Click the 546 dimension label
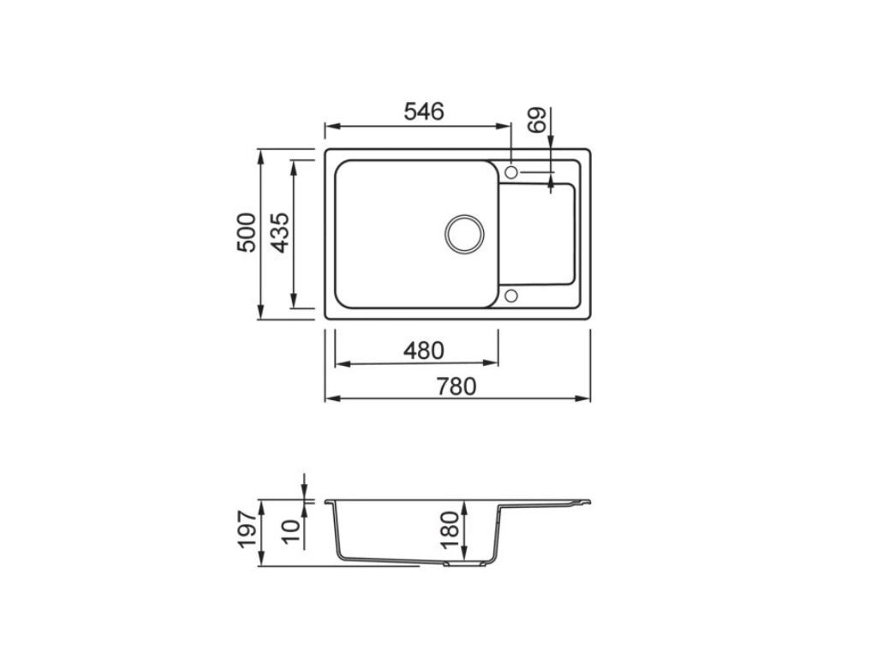(x=423, y=111)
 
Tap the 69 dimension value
(x=537, y=120)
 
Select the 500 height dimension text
(x=246, y=232)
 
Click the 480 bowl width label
(x=423, y=350)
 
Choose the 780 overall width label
(x=456, y=386)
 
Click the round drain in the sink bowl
(x=464, y=233)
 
